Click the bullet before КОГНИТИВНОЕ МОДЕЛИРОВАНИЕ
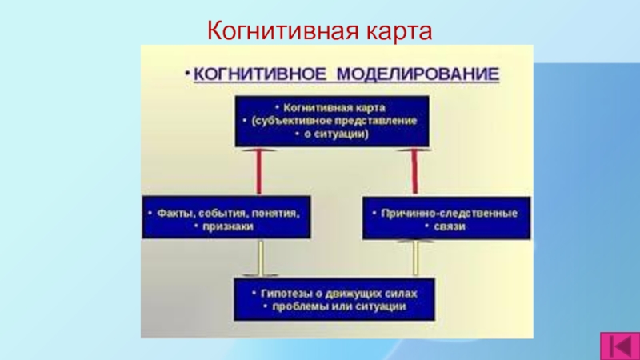[188, 74]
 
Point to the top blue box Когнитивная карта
[331, 121]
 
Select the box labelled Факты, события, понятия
[226, 218]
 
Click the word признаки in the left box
[230, 227]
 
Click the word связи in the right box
[453, 227]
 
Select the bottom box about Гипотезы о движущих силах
[334, 299]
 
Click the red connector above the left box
[259, 172]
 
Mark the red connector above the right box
[414, 172]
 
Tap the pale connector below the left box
[259, 258]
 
